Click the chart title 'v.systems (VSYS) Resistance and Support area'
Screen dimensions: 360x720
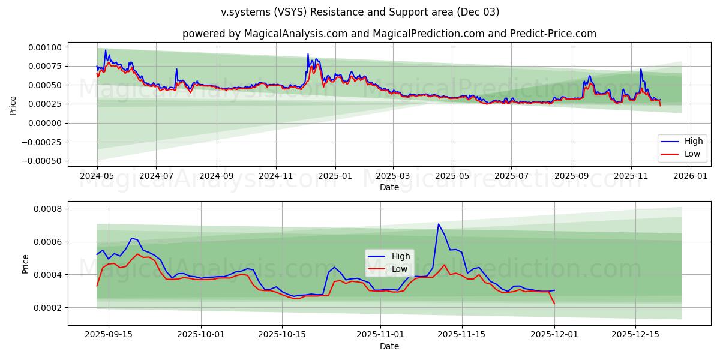pyautogui.click(x=359, y=12)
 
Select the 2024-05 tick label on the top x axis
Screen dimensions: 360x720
pyautogui.click(x=97, y=176)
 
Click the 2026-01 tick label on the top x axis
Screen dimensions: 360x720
pyautogui.click(x=691, y=176)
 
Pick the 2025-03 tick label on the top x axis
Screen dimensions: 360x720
pyautogui.click(x=393, y=176)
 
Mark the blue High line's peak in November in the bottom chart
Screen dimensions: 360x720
pyautogui.click(x=439, y=224)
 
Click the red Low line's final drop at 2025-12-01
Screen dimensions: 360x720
pyautogui.click(x=554, y=304)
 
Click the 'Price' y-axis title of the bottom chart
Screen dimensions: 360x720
pyautogui.click(x=25, y=264)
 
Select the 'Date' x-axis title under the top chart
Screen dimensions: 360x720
pyautogui.click(x=389, y=187)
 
